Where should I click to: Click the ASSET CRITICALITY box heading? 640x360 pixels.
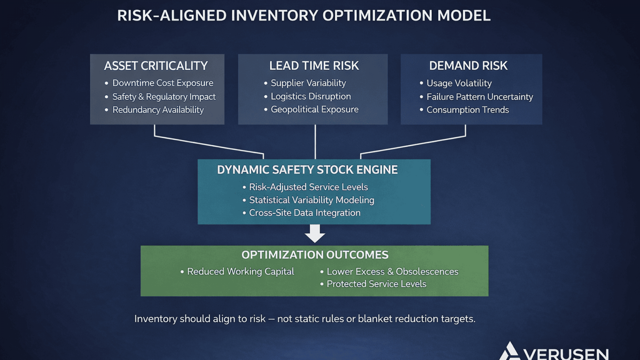pyautogui.click(x=156, y=66)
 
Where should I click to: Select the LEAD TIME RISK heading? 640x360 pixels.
pyautogui.click(x=314, y=66)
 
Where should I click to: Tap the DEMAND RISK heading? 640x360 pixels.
pyautogui.click(x=468, y=66)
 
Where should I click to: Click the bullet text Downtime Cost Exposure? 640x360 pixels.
pyautogui.click(x=163, y=83)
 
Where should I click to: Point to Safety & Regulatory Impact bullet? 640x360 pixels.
pyautogui.click(x=164, y=97)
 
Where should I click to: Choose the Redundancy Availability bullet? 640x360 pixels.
pyautogui.click(x=158, y=110)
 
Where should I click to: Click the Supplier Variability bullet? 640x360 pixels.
pyautogui.click(x=308, y=83)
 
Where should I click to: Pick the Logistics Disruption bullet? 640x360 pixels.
pyautogui.click(x=311, y=96)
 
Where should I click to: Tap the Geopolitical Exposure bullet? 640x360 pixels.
pyautogui.click(x=314, y=109)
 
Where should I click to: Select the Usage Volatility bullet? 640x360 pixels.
pyautogui.click(x=459, y=83)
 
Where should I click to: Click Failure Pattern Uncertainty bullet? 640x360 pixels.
pyautogui.click(x=480, y=97)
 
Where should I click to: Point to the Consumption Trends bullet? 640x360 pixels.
pyautogui.click(x=468, y=110)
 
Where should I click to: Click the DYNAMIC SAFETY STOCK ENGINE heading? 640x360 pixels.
pyautogui.click(x=307, y=170)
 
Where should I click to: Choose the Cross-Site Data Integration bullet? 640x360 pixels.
pyautogui.click(x=305, y=213)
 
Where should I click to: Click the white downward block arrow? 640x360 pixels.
pyautogui.click(x=315, y=233)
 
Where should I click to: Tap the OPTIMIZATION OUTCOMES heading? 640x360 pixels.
pyautogui.click(x=315, y=255)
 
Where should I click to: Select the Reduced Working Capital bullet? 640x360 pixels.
pyautogui.click(x=240, y=272)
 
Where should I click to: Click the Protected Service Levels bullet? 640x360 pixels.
pyautogui.click(x=376, y=284)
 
